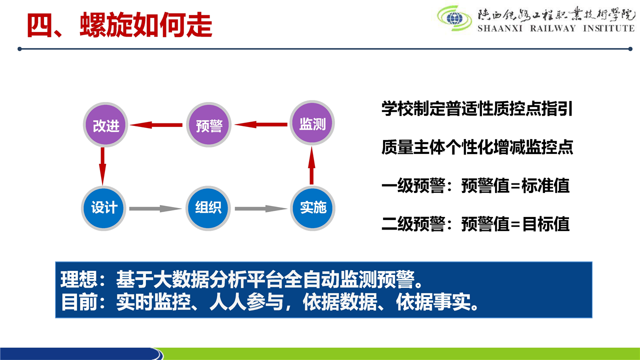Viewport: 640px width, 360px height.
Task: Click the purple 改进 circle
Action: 105,125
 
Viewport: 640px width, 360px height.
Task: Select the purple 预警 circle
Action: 208,125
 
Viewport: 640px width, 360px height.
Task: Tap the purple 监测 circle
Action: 312,123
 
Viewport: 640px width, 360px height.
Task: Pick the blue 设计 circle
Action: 103,208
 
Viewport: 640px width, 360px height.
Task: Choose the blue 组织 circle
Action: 208,208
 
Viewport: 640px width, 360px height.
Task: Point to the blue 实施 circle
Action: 312,208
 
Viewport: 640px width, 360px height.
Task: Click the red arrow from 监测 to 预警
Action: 261,124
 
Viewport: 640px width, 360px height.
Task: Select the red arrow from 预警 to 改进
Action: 156,125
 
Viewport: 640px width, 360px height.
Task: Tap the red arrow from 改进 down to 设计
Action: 102,166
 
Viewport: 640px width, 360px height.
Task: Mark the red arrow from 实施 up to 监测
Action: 311,165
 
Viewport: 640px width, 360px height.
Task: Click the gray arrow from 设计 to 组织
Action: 155,208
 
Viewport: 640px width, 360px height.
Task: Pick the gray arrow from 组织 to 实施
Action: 261,208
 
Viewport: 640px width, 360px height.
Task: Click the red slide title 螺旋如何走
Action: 146,25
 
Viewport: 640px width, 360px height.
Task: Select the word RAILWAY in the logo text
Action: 552,28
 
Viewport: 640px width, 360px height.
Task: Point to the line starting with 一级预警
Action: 475,185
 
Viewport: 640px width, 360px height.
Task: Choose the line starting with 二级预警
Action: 475,223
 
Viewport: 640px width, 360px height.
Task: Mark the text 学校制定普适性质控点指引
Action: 477,109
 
